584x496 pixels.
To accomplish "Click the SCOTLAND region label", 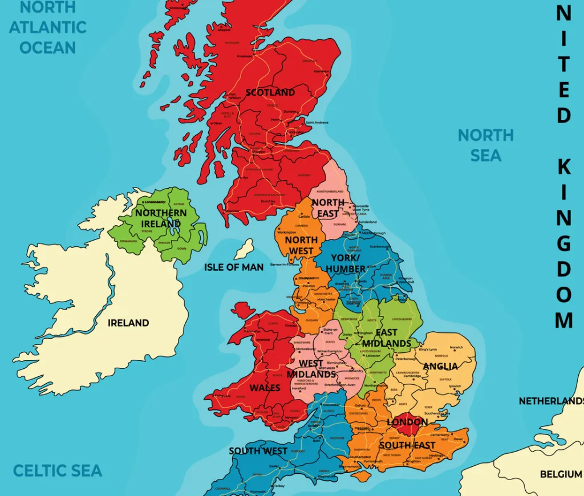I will click(x=270, y=92).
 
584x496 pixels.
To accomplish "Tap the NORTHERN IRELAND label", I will click(x=161, y=218).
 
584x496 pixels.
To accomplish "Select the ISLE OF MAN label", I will click(x=234, y=267).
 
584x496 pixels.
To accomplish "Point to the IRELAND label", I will click(x=128, y=323).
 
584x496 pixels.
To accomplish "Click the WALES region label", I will click(x=265, y=388).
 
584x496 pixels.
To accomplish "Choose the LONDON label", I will click(x=407, y=422).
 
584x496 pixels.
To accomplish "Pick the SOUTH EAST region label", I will click(x=407, y=445).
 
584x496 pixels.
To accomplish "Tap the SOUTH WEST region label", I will click(x=258, y=451).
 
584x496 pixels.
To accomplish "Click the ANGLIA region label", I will click(x=441, y=366).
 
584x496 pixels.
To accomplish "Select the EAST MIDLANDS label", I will click(x=387, y=338).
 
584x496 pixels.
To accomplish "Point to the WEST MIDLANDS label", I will click(x=311, y=369).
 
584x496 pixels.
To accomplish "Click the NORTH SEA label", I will click(x=486, y=145).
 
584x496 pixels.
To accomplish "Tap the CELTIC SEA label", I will click(x=58, y=470).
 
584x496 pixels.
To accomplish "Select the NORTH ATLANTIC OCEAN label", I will click(x=48, y=27).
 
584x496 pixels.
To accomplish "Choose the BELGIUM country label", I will click(x=561, y=474).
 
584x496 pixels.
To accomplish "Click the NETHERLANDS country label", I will click(x=551, y=401).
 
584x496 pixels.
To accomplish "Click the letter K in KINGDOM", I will click(x=563, y=167).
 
